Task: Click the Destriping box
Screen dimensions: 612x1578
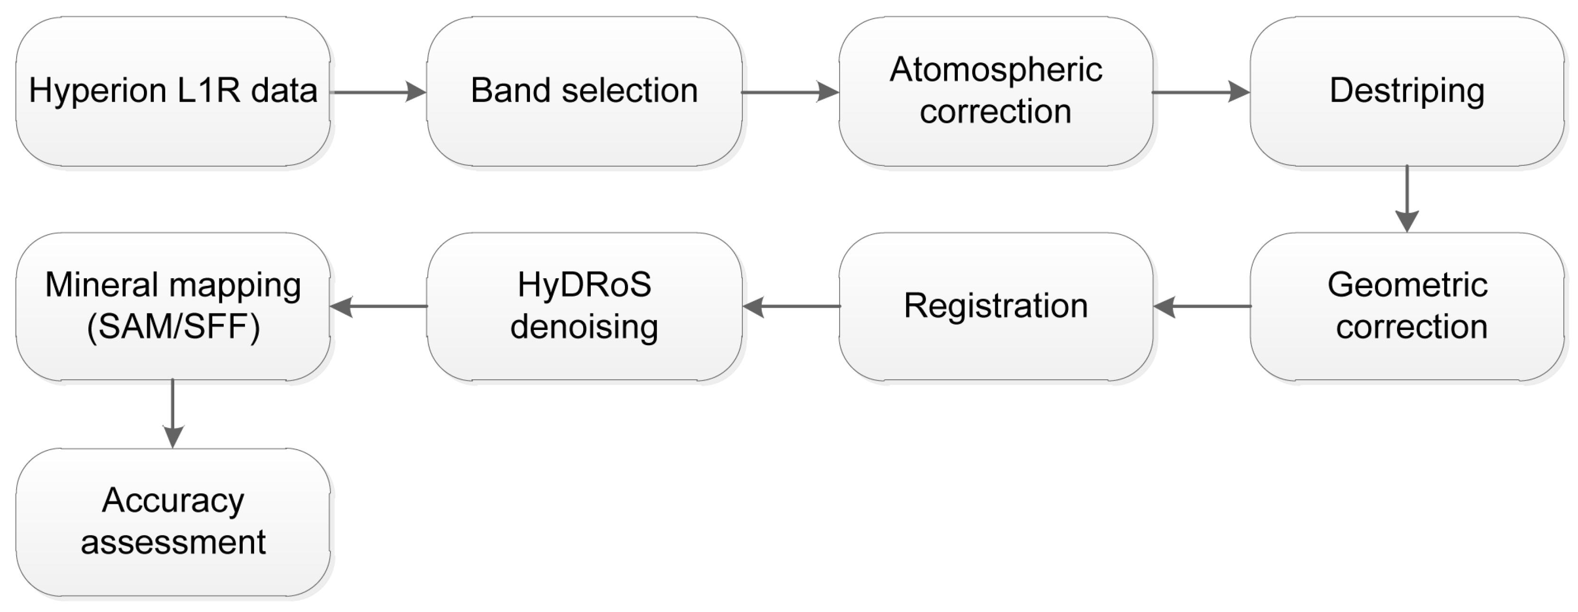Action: tap(1407, 91)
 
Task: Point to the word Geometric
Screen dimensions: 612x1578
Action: tap(1407, 285)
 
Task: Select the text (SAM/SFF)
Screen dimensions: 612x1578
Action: tap(173, 327)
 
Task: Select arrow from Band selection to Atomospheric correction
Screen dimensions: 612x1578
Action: tap(790, 93)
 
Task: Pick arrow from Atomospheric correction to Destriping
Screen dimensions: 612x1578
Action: tap(1200, 93)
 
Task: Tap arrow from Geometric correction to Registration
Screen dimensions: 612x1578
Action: tap(1202, 306)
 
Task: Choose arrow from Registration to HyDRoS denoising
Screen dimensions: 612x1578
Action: tap(790, 306)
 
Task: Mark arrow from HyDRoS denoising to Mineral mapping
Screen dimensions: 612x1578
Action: tap(378, 306)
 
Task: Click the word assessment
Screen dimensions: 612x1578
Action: tap(173, 542)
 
